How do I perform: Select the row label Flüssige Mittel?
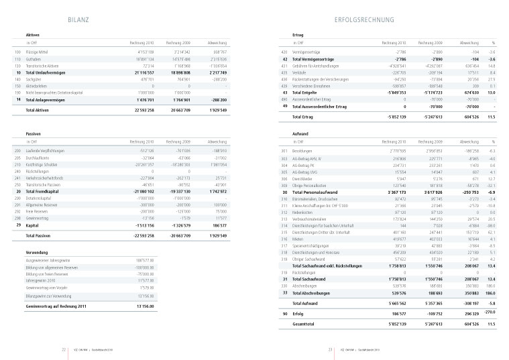pos(39,51)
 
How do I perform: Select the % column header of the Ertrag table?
pos(492,42)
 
